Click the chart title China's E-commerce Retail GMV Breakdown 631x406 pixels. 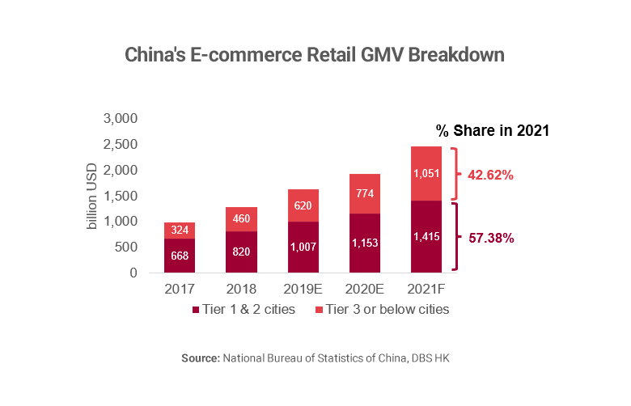coord(315,56)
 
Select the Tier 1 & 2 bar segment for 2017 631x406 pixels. coord(179,256)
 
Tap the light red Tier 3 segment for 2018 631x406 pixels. coord(240,218)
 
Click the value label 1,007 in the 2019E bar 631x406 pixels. coord(303,247)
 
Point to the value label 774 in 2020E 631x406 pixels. coord(364,194)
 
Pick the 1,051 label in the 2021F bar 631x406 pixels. coord(426,174)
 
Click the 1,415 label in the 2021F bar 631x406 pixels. coord(426,237)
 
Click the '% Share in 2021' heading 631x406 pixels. coord(493,130)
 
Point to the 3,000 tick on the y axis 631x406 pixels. coord(121,119)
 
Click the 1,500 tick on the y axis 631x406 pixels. coord(121,196)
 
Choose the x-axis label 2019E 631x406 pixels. coord(303,289)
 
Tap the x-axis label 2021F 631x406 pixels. coord(426,289)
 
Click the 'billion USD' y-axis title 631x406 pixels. coord(92,196)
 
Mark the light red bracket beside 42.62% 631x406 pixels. coord(455,174)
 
